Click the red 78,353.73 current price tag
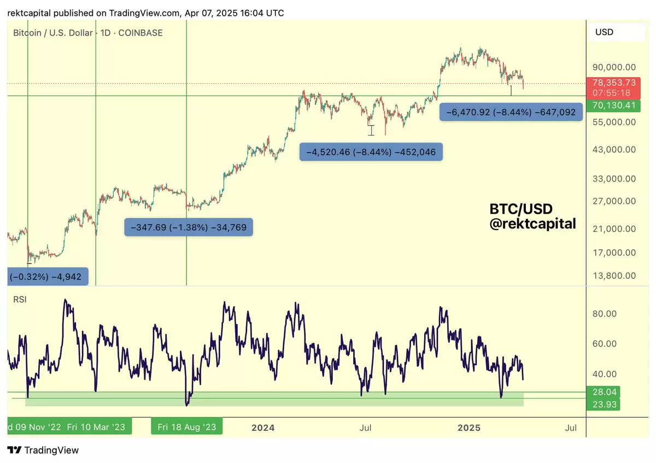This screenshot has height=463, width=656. coord(613,88)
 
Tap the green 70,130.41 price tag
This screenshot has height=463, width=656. coord(613,106)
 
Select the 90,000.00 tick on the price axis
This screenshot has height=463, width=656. coord(614,67)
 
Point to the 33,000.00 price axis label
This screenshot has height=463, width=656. coord(614,179)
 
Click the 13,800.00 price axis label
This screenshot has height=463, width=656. coord(614,276)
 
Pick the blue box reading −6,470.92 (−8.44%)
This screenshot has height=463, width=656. coord(511,112)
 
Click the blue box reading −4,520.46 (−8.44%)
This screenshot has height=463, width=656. coord(371,152)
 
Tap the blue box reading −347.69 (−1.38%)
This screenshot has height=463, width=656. coord(188,227)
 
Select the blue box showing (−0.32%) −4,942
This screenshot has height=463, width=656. coord(48,277)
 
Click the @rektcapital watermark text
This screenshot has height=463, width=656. coord(532,224)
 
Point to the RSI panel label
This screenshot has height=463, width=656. coord(20,300)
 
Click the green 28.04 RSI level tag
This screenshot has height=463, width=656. coord(604,392)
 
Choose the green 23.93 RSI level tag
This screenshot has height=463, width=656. coord(604,405)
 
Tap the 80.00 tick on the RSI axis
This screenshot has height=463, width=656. coord(604,314)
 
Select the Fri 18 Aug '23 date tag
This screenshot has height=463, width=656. coord(187,427)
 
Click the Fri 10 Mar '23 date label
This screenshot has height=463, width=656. coord(96,427)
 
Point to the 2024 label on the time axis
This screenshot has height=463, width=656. coord(263,428)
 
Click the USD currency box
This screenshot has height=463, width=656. coord(617,32)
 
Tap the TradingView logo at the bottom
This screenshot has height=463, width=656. coord(43,450)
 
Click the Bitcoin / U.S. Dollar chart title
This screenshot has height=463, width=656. coord(52,33)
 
